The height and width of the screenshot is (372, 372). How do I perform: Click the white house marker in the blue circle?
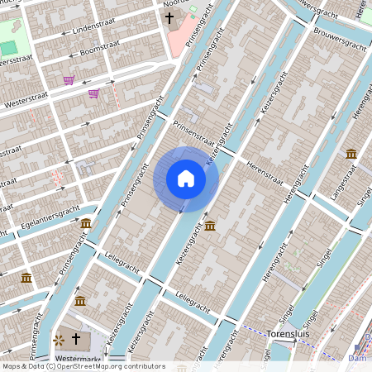coord(186,179)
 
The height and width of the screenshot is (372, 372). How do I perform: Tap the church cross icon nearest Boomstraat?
coord(169,17)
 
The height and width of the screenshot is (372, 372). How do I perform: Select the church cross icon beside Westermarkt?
coord(76,339)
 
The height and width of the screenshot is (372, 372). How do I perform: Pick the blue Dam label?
coord(357,358)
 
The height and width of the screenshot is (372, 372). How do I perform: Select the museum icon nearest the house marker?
coord(210,226)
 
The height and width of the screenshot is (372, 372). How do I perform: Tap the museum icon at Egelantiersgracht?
coord(86,223)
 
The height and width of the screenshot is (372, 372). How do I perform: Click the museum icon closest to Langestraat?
coord(351,154)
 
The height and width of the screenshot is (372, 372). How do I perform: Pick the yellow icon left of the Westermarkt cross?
coord(59,340)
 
